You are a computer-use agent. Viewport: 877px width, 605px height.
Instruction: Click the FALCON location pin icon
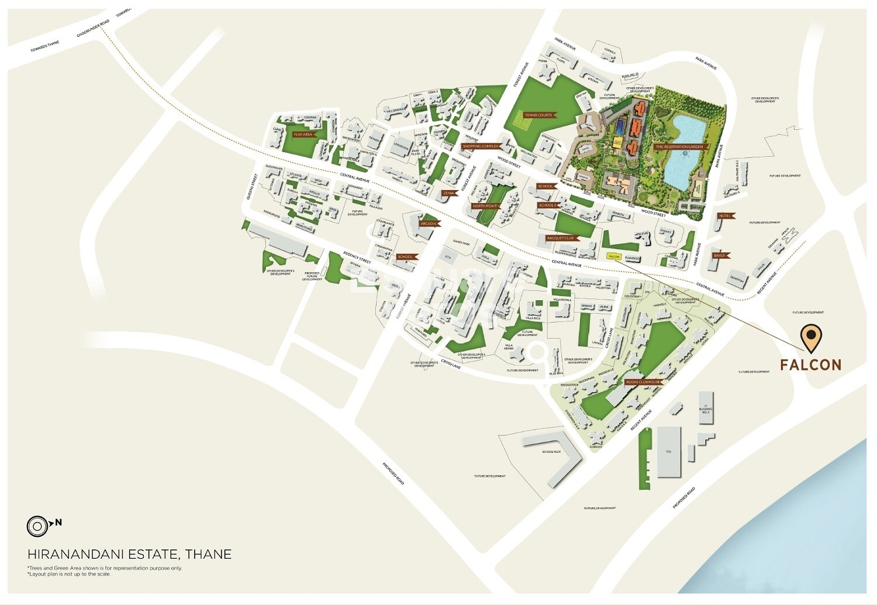click(811, 337)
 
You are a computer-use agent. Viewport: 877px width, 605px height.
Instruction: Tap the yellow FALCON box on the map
click(614, 256)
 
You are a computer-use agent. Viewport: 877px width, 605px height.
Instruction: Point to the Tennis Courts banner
click(538, 115)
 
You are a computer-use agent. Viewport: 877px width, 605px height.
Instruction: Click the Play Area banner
click(303, 134)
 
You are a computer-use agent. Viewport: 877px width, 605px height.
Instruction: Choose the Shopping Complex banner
click(480, 146)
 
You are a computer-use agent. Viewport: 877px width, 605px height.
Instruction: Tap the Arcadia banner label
click(428, 224)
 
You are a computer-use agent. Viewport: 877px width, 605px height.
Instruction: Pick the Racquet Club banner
click(561, 238)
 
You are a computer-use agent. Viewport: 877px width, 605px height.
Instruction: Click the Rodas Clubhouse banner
click(643, 382)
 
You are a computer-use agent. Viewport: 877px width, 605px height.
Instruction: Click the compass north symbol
click(37, 526)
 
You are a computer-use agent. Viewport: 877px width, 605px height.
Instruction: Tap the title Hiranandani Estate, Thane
click(129, 554)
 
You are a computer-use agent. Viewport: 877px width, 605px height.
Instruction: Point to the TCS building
click(669, 451)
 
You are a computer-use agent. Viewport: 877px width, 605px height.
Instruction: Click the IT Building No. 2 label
click(706, 410)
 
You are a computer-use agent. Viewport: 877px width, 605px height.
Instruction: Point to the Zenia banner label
click(448, 192)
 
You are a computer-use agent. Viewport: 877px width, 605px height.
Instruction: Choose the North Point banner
click(485, 206)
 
